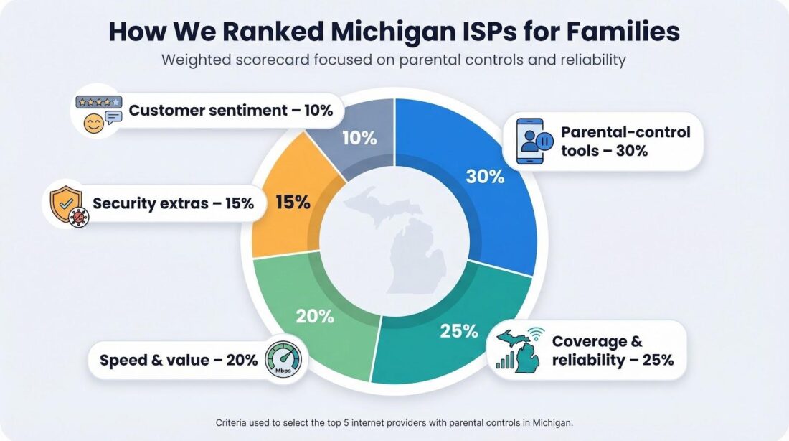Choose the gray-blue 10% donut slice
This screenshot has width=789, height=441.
click(359, 136)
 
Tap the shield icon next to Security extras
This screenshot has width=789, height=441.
click(67, 203)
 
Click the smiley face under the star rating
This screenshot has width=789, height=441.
click(93, 124)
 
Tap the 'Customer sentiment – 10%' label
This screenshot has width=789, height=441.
click(231, 111)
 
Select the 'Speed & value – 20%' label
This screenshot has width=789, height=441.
click(179, 360)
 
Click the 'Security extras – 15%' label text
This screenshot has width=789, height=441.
click(173, 203)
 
